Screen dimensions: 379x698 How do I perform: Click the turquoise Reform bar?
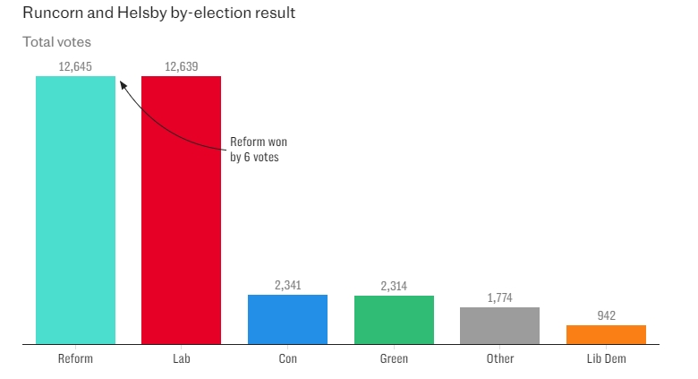75,210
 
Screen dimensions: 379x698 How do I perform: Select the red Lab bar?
181,210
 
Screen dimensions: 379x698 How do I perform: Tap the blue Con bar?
287,319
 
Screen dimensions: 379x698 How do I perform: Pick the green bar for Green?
394,320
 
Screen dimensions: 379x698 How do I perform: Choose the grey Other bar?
499,325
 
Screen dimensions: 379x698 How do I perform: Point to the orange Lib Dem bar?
606,334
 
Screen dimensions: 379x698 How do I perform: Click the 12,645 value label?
75,66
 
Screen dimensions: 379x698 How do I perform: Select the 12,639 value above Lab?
182,66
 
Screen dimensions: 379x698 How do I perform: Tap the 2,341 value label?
287,285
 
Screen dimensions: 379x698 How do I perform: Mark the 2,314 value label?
394,286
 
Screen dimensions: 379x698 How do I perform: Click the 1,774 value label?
500,297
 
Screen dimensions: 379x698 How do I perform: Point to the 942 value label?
606,315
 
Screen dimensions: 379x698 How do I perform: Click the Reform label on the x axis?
75,358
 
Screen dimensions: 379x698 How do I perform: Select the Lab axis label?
182,358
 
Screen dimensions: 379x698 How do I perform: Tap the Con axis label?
287,358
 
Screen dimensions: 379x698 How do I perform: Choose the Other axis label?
500,358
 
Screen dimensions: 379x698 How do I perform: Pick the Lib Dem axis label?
606,358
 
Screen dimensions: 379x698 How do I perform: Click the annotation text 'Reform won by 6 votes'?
258,150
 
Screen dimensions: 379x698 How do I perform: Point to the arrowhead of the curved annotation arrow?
122,83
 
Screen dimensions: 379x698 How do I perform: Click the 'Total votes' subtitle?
56,42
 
